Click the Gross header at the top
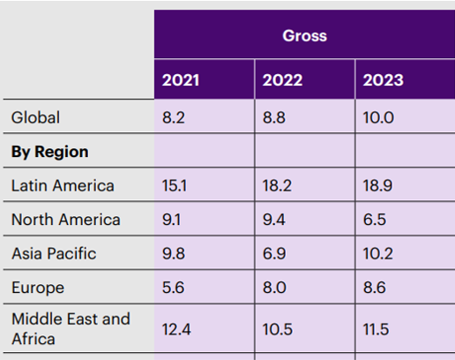[304, 36]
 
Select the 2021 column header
[180, 81]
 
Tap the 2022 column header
[281, 81]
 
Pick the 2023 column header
[384, 81]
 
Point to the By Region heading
[49, 152]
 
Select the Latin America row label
[63, 185]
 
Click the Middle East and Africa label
[70, 328]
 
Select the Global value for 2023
[379, 116]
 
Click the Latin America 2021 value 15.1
[175, 185]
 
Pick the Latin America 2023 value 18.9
[379, 185]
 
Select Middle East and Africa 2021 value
[176, 329]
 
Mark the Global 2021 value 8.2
[173, 116]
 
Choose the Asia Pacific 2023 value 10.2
[379, 254]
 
